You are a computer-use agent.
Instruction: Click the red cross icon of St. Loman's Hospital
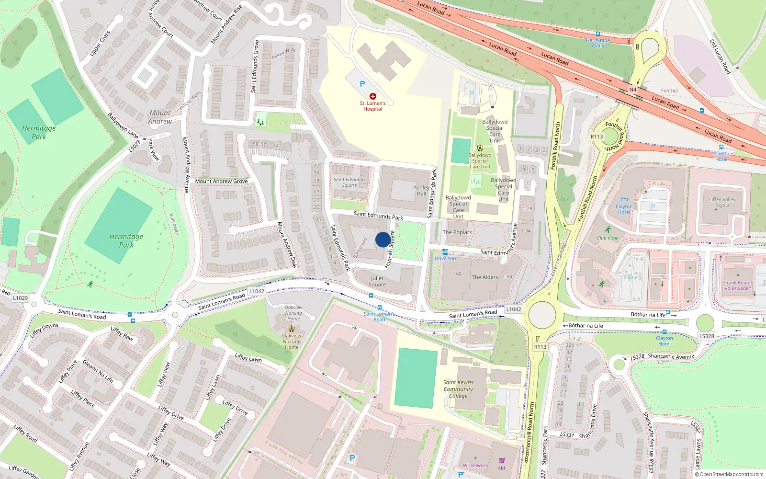pyautogui.click(x=373, y=96)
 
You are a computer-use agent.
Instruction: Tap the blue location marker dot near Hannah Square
pyautogui.click(x=383, y=239)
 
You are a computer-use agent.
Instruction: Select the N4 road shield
pyautogui.click(x=633, y=90)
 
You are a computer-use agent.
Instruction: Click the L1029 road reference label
pyautogui.click(x=21, y=298)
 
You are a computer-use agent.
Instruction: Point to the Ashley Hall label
pyautogui.click(x=421, y=191)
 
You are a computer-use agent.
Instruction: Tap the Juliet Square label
pyautogui.click(x=377, y=281)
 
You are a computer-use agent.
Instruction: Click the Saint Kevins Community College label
pyautogui.click(x=458, y=389)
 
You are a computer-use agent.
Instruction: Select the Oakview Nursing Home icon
pyautogui.click(x=292, y=329)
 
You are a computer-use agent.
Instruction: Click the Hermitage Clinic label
pyautogui.click(x=598, y=43)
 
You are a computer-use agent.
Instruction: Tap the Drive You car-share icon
pyautogui.click(x=445, y=252)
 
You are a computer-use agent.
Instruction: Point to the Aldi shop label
pyautogui.click(x=502, y=468)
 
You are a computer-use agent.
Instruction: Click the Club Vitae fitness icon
pyautogui.click(x=608, y=230)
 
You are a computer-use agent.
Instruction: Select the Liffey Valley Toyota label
pyautogui.click(x=722, y=202)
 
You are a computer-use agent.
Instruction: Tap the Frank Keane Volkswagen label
pyautogui.click(x=738, y=285)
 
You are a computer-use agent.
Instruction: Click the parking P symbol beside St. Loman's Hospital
pyautogui.click(x=362, y=84)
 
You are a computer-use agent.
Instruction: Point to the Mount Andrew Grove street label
pyautogui.click(x=221, y=182)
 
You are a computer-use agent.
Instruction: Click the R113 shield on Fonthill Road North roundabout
pyautogui.click(x=597, y=137)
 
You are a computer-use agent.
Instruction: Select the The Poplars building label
pyautogui.click(x=457, y=232)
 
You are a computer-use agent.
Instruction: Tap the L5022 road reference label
pyautogui.click(x=135, y=146)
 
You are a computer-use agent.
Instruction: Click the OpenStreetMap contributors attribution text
pyautogui.click(x=731, y=475)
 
